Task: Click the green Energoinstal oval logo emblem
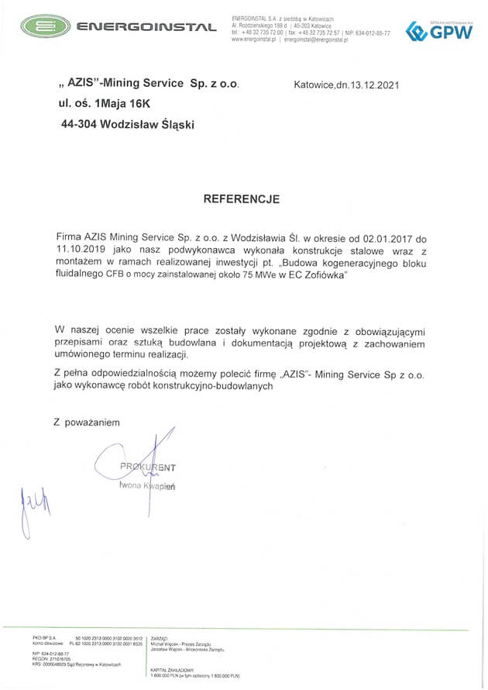tap(43, 27)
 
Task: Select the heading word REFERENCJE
tap(241, 198)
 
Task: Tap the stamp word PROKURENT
tap(147, 467)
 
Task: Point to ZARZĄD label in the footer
tap(160, 638)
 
